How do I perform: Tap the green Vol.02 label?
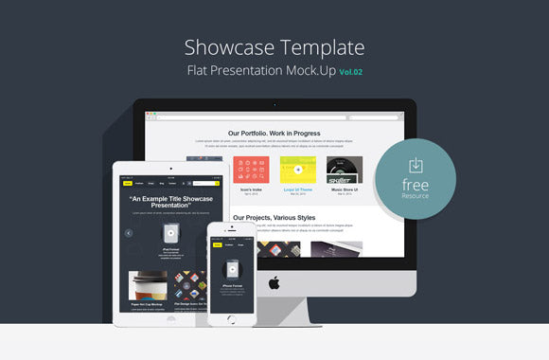coord(352,72)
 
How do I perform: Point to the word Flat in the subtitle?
coord(200,71)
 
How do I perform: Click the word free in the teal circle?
coord(415,185)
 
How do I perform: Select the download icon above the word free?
coord(415,166)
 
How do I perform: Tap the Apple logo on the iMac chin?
coord(274,282)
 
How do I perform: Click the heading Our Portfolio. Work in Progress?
coord(274,134)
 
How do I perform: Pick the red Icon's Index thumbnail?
coord(251,170)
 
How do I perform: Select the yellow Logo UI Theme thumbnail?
coord(298,170)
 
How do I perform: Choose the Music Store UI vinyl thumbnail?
coord(345,170)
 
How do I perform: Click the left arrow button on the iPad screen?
coord(129,232)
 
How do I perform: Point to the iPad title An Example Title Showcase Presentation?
coord(171,202)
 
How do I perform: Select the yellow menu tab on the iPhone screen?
coord(218,244)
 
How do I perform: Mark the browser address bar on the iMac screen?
coord(274,117)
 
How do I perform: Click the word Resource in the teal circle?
coord(415,196)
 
